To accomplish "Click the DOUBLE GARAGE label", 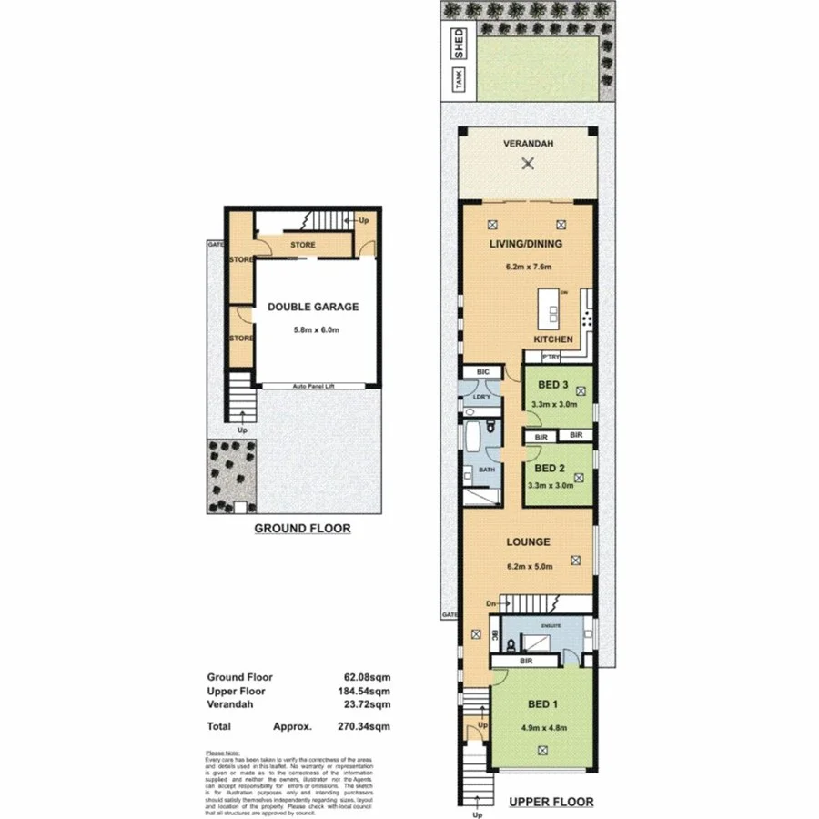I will click(x=312, y=307).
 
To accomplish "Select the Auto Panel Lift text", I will click(x=312, y=386).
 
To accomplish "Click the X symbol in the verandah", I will click(x=527, y=164).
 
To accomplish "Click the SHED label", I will click(x=460, y=45).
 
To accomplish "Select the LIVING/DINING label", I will click(x=527, y=244).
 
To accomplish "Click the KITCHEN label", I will click(x=552, y=339).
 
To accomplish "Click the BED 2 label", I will click(x=551, y=469).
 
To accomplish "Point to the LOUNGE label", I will click(x=528, y=541).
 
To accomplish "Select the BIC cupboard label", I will click(x=482, y=373).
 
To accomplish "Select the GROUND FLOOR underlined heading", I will click(x=301, y=528).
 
